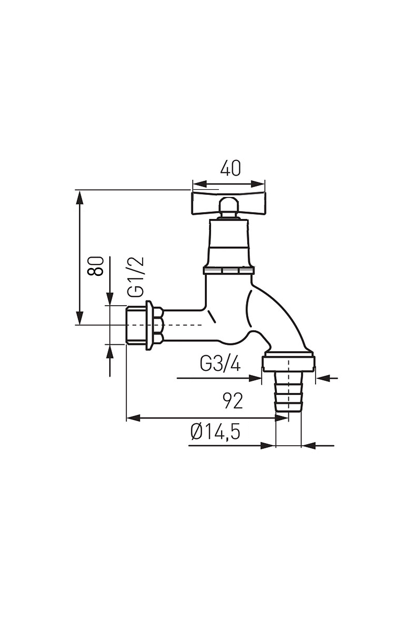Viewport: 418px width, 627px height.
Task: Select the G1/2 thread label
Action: click(x=136, y=276)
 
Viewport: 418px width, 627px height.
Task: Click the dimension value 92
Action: click(x=233, y=401)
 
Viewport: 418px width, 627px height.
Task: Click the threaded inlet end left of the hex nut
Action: click(x=135, y=325)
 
